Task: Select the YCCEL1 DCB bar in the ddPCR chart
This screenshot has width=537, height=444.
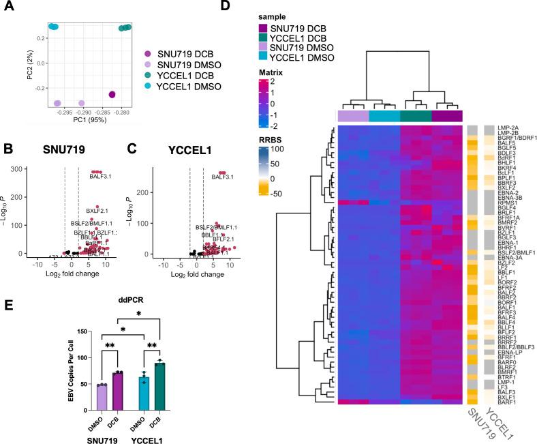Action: pyautogui.click(x=159, y=387)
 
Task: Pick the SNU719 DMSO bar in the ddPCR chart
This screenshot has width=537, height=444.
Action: pyautogui.click(x=102, y=397)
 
